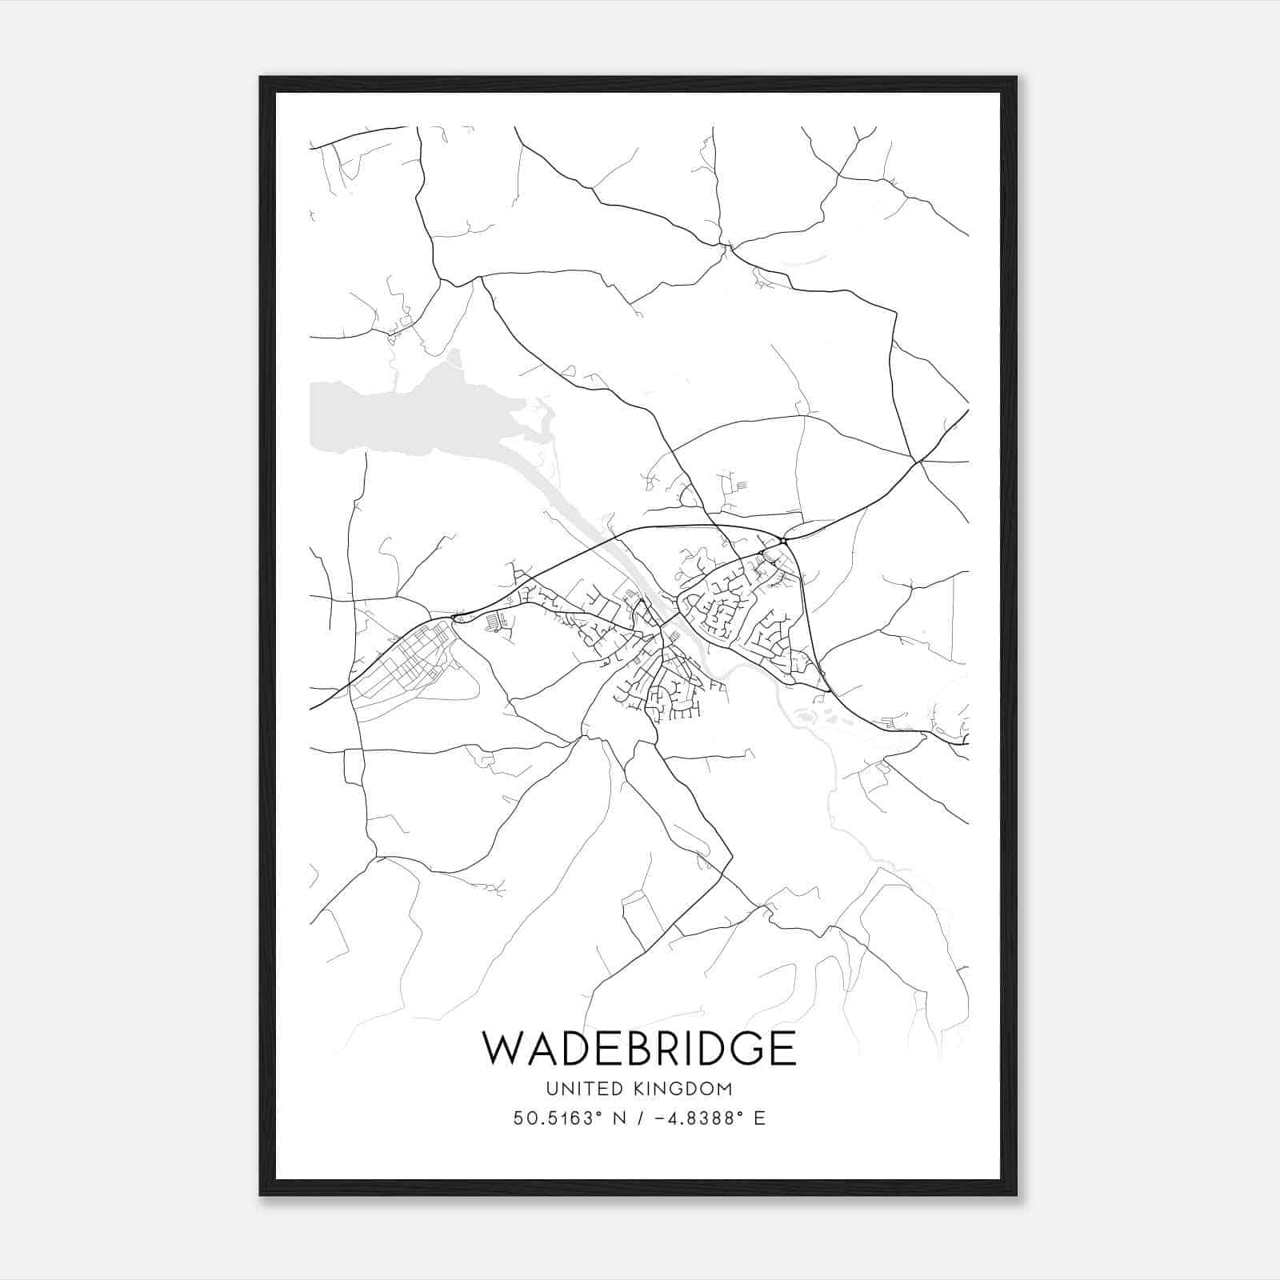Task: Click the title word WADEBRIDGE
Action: tap(639, 1048)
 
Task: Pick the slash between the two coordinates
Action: tap(641, 1118)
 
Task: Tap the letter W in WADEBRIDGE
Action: tap(504, 1048)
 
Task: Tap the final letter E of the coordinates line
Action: tap(760, 1118)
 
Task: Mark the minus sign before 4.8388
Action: tap(663, 1118)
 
